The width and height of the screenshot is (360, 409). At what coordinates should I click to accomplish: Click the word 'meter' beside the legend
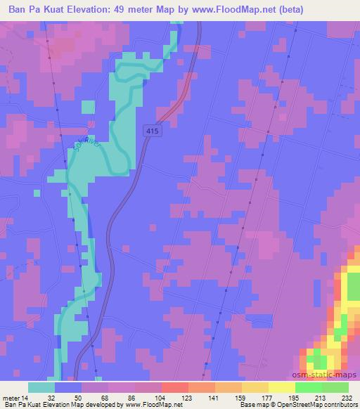11,397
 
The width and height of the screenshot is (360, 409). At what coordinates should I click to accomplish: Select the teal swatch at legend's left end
41,387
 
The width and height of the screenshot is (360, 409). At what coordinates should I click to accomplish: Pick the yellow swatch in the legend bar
281,387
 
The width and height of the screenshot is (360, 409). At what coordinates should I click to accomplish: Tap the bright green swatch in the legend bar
308,387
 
